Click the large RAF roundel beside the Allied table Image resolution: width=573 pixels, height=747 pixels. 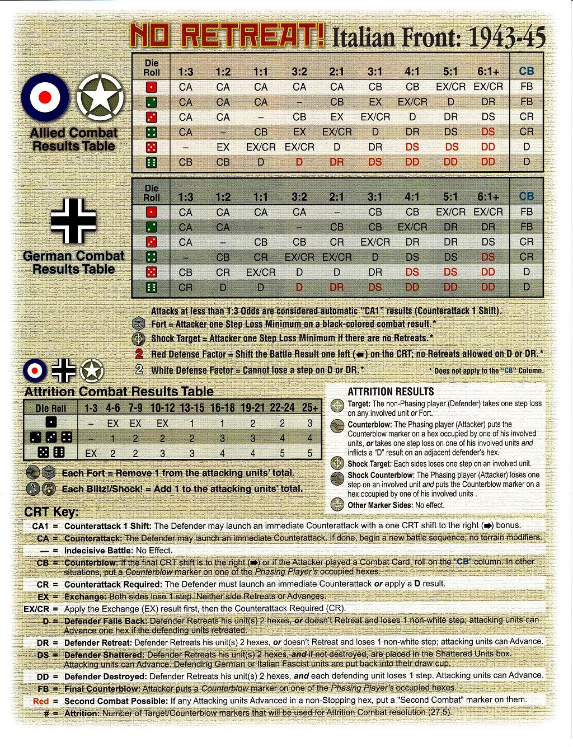45,97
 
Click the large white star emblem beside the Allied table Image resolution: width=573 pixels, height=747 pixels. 100,97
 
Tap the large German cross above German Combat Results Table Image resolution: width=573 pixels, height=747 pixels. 73,221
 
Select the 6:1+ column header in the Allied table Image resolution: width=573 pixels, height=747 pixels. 488,72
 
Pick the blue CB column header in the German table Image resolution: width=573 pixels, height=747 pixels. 526,196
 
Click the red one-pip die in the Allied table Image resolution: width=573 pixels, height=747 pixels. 152,87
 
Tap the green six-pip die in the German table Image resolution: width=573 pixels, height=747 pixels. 152,288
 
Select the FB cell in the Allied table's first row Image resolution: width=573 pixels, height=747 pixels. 526,87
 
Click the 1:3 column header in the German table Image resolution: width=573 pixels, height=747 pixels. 185,197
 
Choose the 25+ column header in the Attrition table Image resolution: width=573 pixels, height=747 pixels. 309,408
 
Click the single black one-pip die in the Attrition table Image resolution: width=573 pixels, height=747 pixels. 51,423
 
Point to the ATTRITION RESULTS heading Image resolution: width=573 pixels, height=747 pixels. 391,392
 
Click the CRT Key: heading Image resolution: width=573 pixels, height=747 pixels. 51,513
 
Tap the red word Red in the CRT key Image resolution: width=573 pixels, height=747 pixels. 41,701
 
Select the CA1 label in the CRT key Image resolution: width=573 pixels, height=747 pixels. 41,526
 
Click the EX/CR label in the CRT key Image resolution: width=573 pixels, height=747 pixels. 36,609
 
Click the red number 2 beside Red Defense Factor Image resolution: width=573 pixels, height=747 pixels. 139,354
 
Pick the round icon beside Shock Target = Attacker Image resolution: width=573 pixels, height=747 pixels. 139,339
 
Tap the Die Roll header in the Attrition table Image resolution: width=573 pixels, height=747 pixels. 51,408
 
